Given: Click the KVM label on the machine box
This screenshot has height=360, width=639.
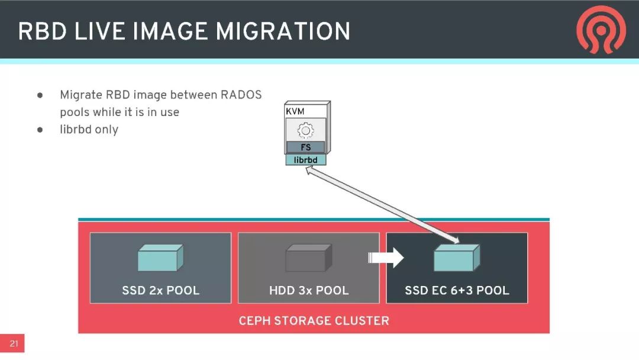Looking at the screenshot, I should pyautogui.click(x=295, y=111).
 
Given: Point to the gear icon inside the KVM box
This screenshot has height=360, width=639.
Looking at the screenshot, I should pyautogui.click(x=305, y=129).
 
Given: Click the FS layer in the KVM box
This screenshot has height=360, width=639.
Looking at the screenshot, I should pyautogui.click(x=306, y=147).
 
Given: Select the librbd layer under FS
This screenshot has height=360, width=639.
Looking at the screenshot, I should pyautogui.click(x=306, y=159).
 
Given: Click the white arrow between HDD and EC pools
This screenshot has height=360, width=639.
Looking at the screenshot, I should pyautogui.click(x=385, y=258).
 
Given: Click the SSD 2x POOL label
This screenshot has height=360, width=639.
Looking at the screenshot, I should pyautogui.click(x=160, y=290).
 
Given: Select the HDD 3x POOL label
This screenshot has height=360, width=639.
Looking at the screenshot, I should pyautogui.click(x=309, y=290).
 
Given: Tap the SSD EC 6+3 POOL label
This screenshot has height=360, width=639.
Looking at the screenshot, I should pyautogui.click(x=457, y=290).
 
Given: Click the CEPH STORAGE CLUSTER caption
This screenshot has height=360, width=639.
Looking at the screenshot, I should pyautogui.click(x=314, y=321).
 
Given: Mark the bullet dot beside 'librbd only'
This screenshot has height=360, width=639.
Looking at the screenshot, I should pyautogui.click(x=40, y=130).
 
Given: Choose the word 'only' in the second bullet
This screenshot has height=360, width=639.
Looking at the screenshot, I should pyautogui.click(x=106, y=130).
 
